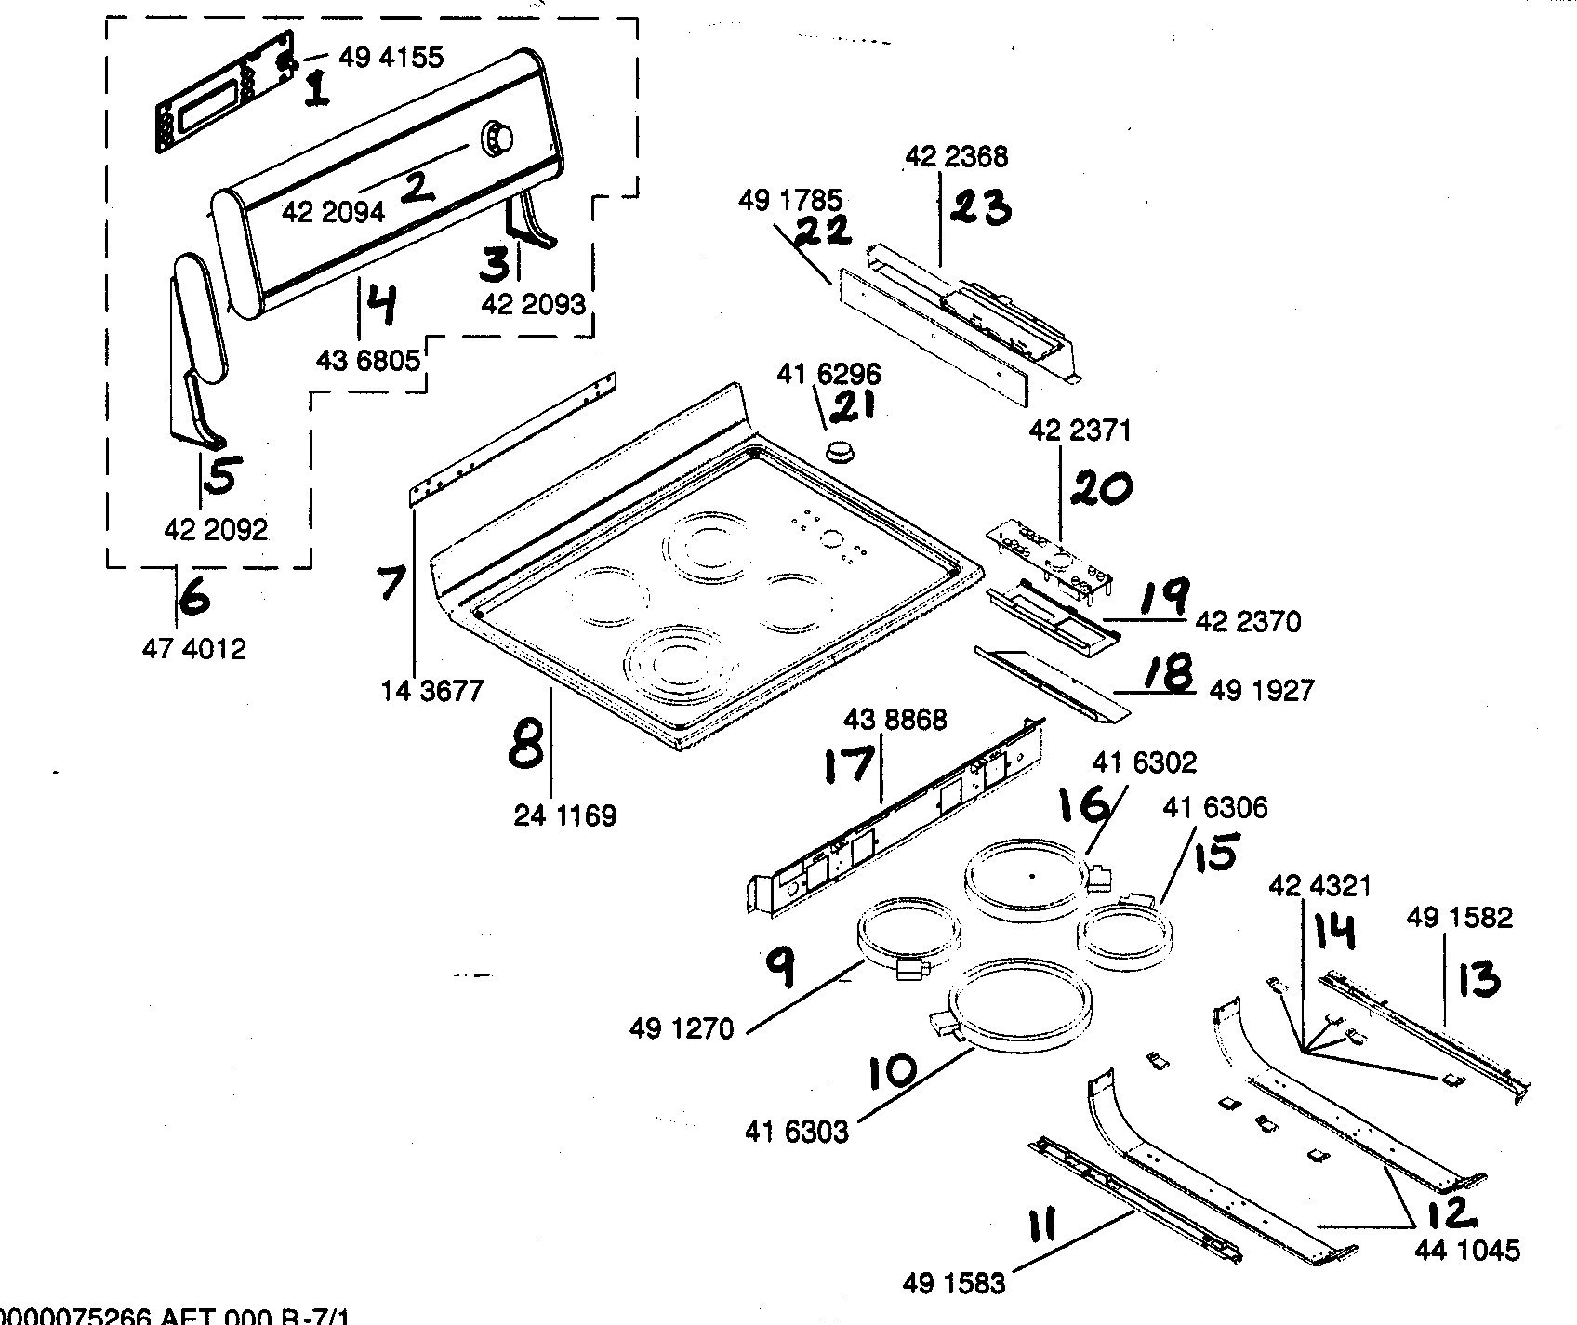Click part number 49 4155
point(391,58)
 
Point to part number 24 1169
point(565,816)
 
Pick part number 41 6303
point(796,1132)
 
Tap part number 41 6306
point(1214,808)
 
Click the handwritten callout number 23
point(981,208)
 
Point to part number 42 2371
point(1080,431)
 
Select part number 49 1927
point(1262,690)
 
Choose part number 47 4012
point(193,649)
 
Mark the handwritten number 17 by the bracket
point(849,764)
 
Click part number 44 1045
point(1468,1250)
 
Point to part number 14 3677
point(431,691)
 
